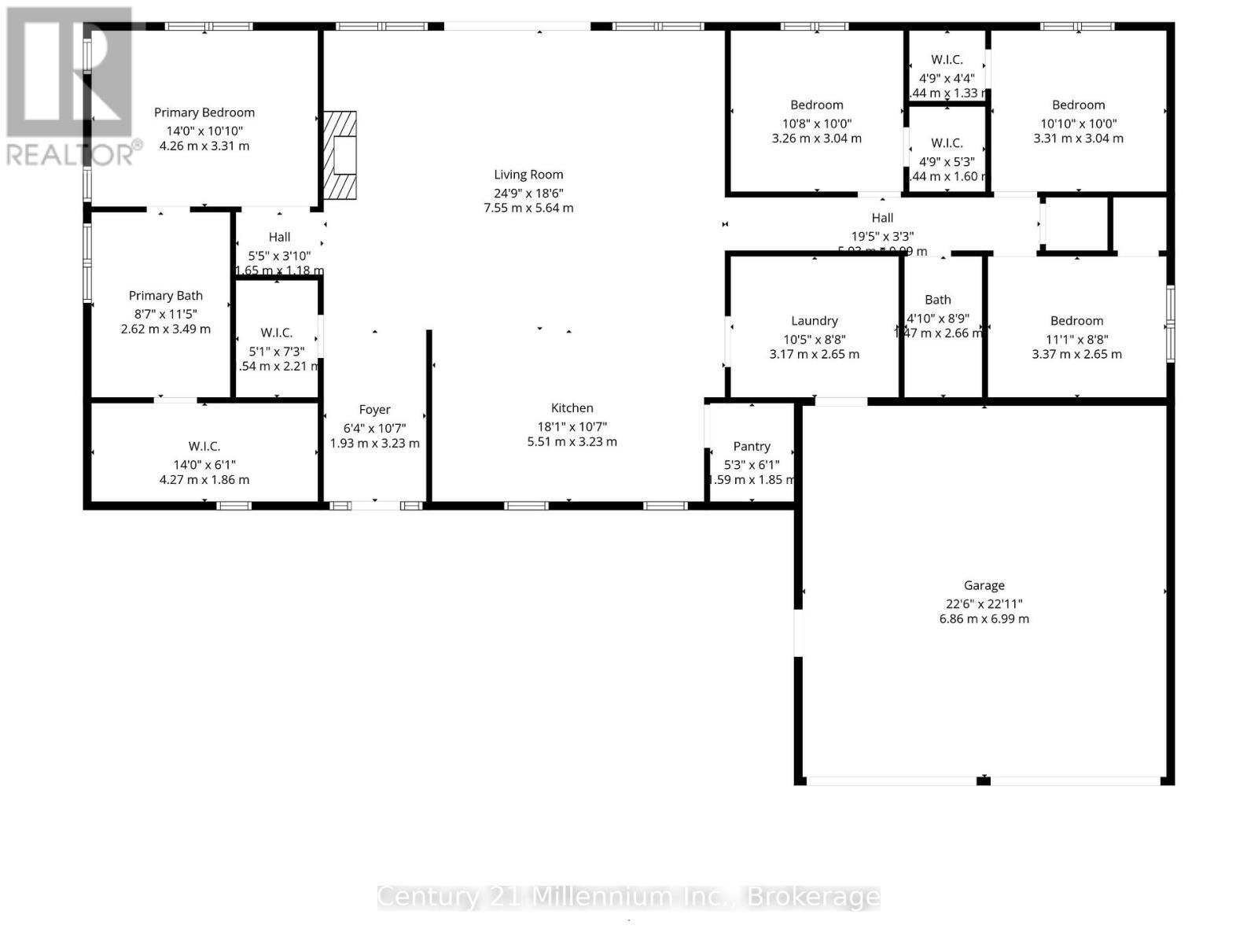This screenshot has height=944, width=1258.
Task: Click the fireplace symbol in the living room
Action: [x=340, y=155]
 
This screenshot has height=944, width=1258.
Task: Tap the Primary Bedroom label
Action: [x=204, y=112]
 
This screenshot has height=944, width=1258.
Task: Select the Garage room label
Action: [x=984, y=585]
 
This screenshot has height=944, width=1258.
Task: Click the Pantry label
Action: [x=752, y=446]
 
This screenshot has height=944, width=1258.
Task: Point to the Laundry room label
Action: [x=814, y=320]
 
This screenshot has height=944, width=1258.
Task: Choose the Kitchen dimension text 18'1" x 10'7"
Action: [x=572, y=426]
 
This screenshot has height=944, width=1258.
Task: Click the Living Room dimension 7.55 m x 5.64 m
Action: [x=528, y=208]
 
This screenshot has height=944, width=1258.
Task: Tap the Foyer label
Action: [x=374, y=409]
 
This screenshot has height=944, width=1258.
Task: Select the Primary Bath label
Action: [x=166, y=295]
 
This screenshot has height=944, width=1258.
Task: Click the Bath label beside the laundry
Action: [x=937, y=299]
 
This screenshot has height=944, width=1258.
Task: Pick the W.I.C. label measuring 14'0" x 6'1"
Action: [x=204, y=446]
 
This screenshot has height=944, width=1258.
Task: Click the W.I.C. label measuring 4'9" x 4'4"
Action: [x=947, y=60]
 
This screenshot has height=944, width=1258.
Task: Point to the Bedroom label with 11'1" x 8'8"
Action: [x=1076, y=320]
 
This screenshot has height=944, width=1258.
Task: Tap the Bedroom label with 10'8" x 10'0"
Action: [x=816, y=105]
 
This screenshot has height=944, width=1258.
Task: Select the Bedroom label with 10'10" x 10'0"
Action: [x=1078, y=105]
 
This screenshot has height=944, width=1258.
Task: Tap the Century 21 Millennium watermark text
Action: [x=628, y=897]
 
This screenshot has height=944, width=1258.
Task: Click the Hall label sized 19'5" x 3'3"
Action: [x=882, y=218]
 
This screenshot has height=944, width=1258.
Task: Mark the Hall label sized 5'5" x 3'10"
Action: [x=279, y=237]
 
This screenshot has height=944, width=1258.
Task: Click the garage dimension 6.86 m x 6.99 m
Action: [x=984, y=619]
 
